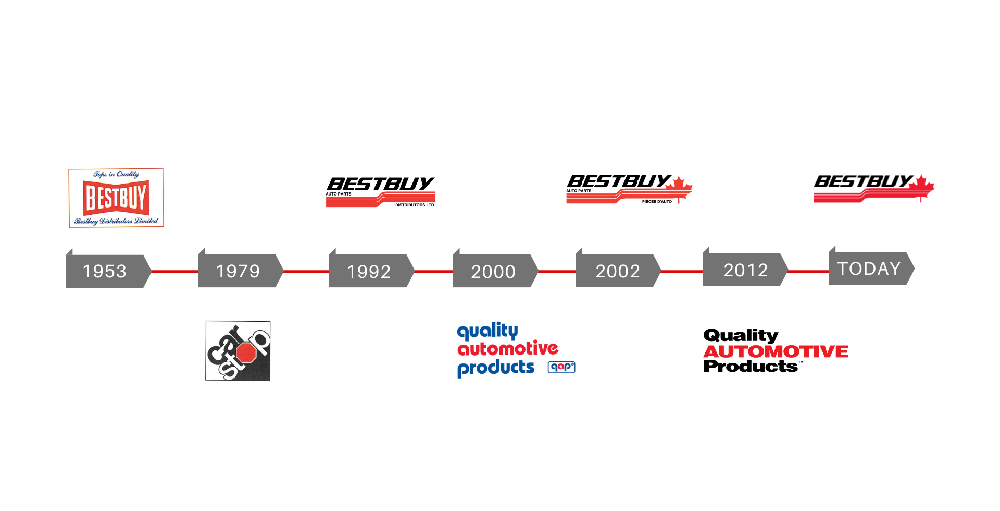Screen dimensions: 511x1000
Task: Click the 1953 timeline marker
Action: click(106, 271)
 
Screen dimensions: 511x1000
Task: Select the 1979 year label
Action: click(239, 271)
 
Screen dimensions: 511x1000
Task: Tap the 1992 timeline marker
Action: click(369, 271)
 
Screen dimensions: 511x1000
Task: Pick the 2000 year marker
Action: click(493, 271)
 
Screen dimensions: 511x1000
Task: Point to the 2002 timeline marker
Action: click(618, 271)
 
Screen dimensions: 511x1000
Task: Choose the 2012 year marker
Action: click(745, 270)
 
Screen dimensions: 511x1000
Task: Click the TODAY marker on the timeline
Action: click(869, 269)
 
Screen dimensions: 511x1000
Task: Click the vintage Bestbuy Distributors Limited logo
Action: click(116, 198)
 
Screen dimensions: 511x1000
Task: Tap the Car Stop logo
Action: click(238, 350)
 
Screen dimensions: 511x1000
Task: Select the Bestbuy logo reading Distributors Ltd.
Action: click(381, 191)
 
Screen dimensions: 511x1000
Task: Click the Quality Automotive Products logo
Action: click(516, 350)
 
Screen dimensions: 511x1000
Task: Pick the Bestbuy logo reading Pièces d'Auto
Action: click(633, 191)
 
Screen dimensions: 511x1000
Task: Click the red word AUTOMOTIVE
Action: click(776, 352)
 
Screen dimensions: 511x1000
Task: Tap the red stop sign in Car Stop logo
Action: click(246, 353)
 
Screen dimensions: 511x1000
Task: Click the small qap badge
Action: click(561, 367)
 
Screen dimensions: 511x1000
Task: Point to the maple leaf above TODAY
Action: click(921, 187)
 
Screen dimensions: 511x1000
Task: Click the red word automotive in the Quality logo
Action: click(507, 348)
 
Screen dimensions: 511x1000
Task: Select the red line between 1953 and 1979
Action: click(174, 272)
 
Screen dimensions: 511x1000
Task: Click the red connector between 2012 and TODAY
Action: click(808, 272)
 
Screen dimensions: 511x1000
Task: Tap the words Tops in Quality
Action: click(116, 174)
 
